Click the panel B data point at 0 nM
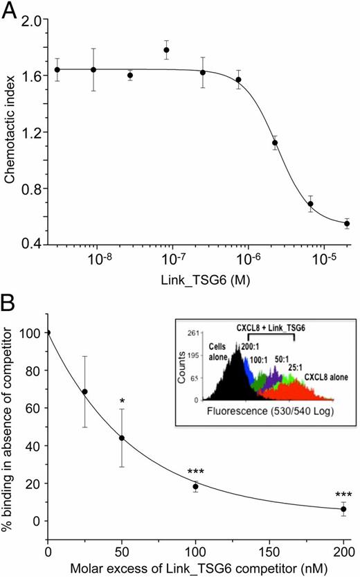(x=48, y=332)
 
